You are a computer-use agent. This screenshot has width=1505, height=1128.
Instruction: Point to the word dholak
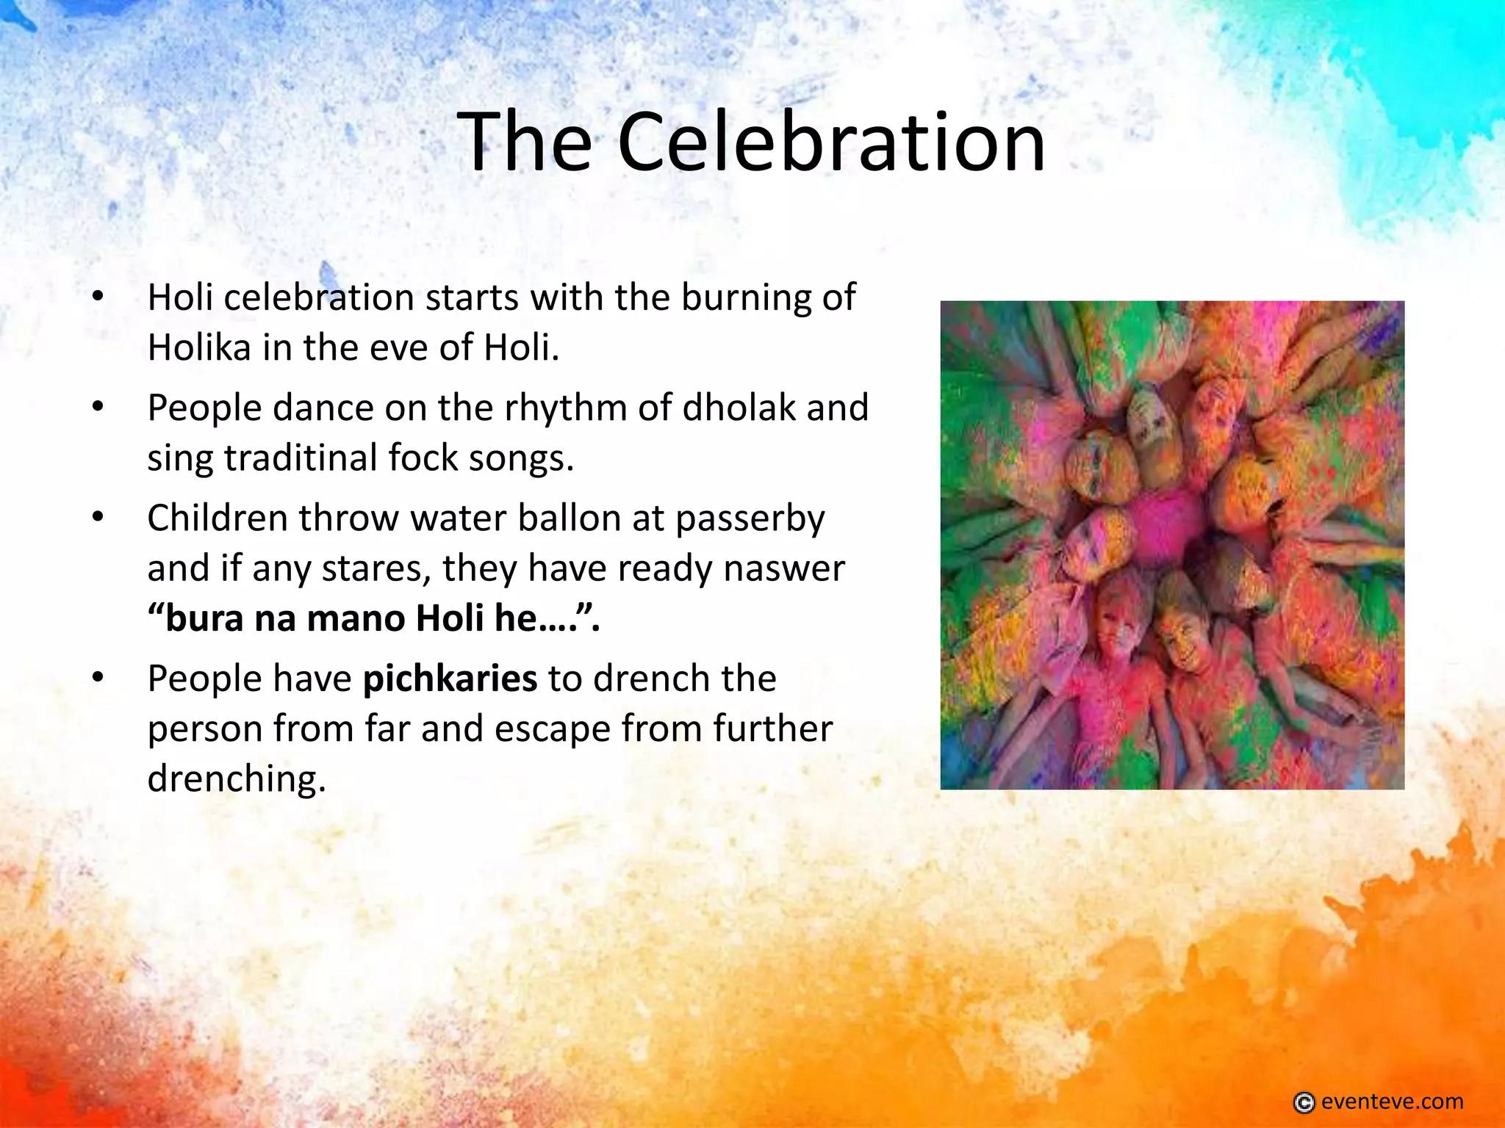click(x=739, y=408)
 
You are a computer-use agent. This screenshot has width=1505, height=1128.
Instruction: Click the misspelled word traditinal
click(x=301, y=458)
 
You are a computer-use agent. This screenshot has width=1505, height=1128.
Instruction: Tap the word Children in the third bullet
click(x=217, y=518)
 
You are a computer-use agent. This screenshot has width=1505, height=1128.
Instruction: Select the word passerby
click(x=750, y=519)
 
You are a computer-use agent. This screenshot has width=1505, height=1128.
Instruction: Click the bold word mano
click(x=354, y=618)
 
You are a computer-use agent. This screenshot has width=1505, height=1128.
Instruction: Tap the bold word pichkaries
click(x=450, y=679)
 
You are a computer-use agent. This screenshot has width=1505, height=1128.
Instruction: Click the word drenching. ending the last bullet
click(x=236, y=778)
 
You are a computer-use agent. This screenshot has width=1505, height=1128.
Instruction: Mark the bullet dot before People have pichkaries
click(x=98, y=678)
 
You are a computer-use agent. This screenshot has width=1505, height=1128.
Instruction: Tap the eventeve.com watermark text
click(x=1392, y=1102)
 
